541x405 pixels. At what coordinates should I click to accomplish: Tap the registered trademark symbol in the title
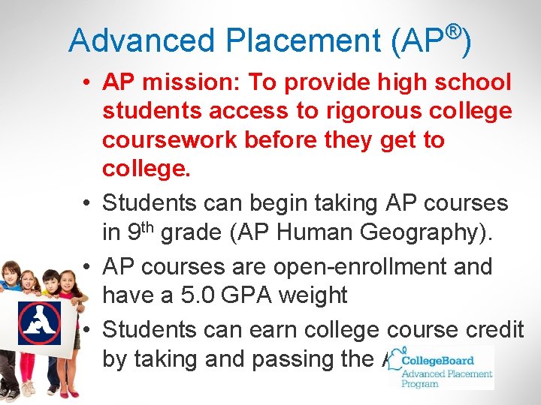452,31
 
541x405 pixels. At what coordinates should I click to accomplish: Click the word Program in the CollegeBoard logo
420,383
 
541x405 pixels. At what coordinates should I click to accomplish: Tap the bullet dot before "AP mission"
88,82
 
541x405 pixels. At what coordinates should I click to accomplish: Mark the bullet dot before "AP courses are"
88,266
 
